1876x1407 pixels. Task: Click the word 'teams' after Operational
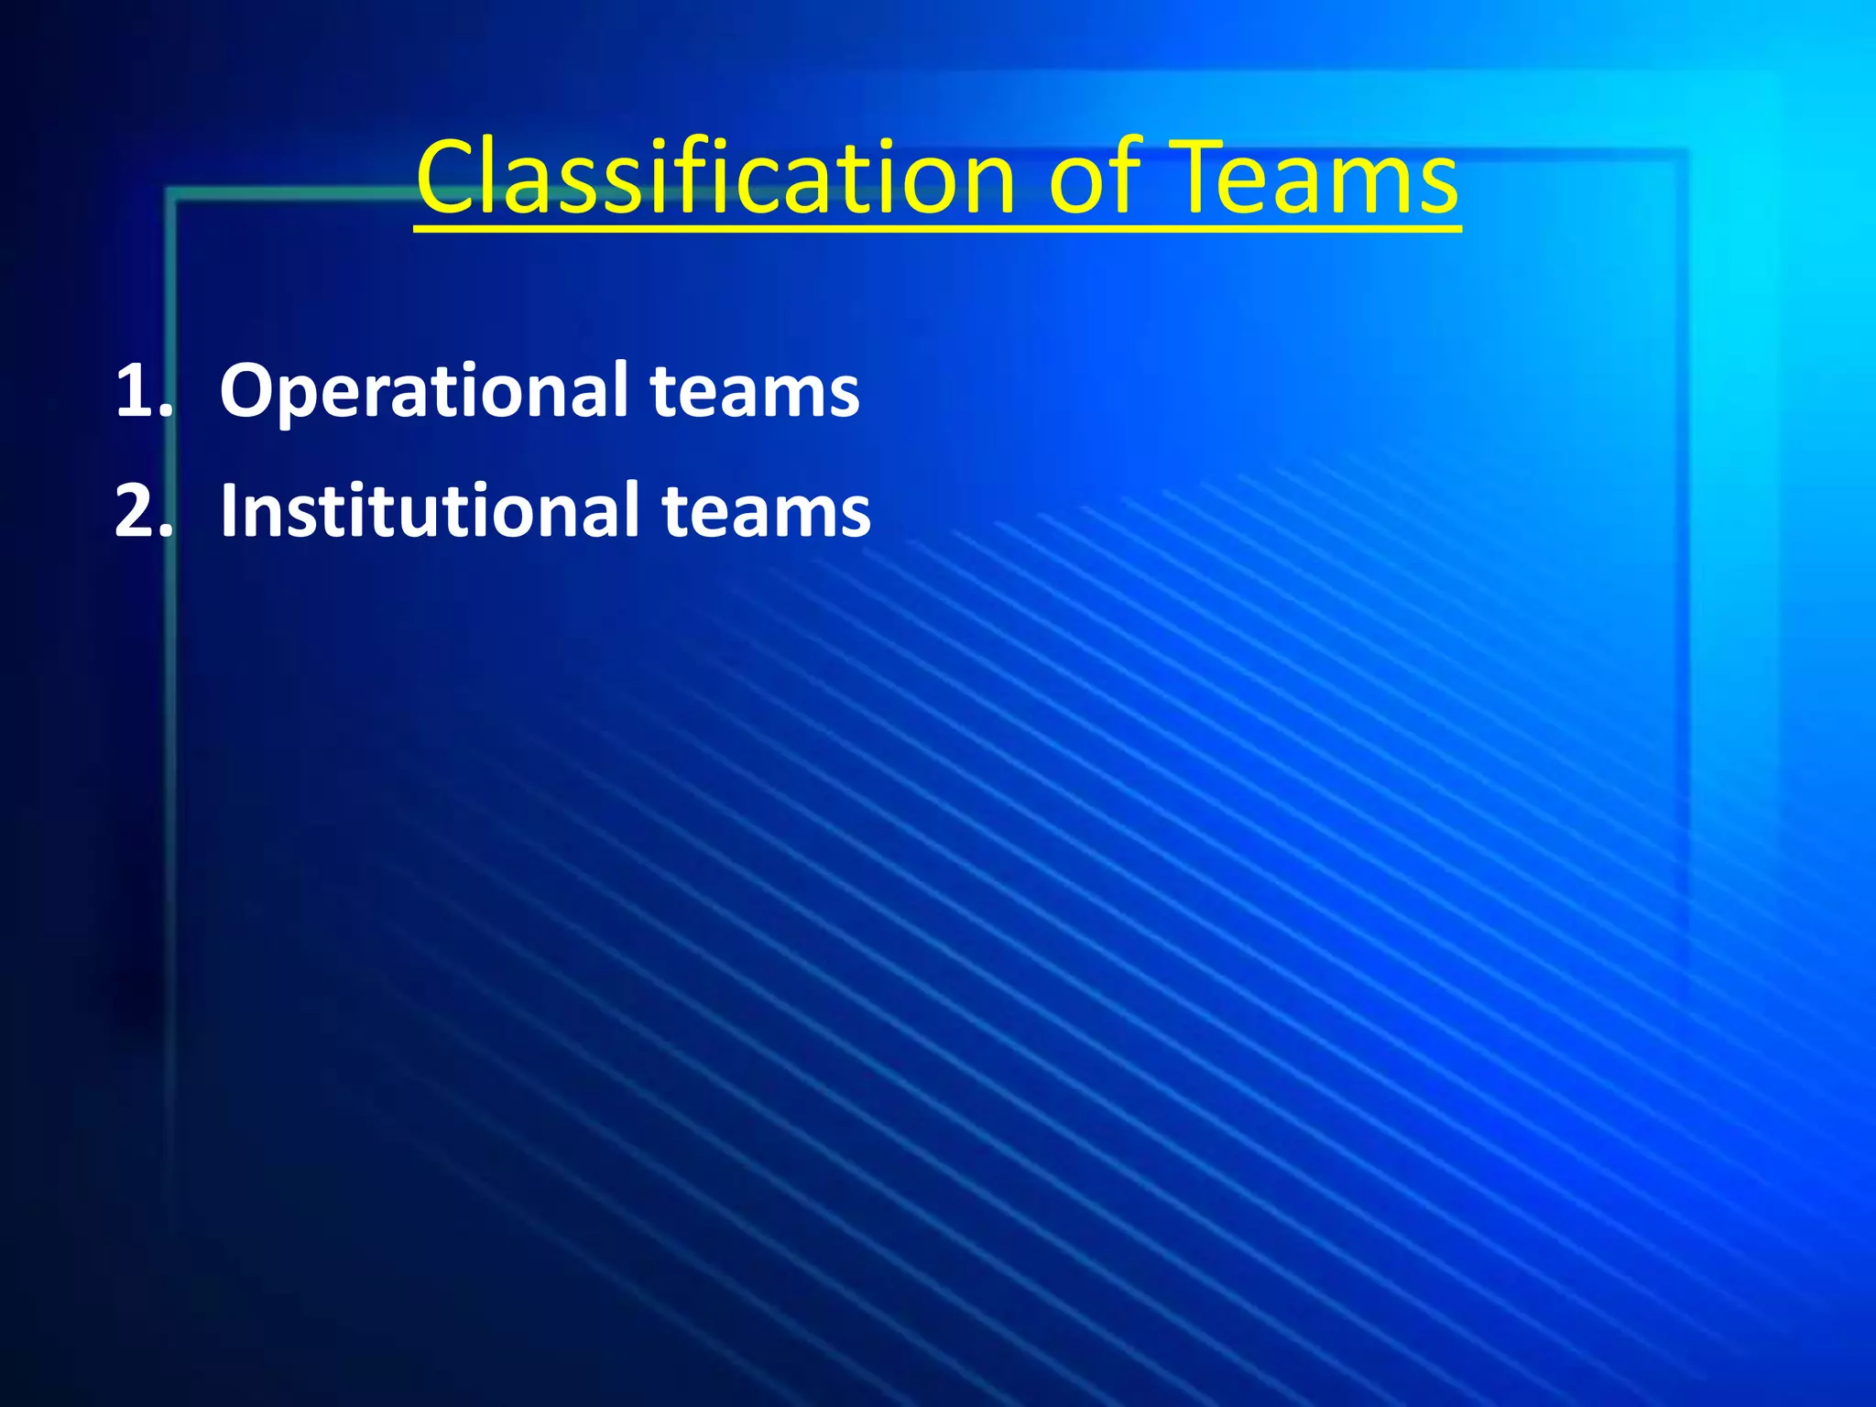(x=755, y=391)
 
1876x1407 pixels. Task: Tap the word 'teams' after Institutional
(x=766, y=511)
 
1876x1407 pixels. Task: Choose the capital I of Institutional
(x=229, y=511)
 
